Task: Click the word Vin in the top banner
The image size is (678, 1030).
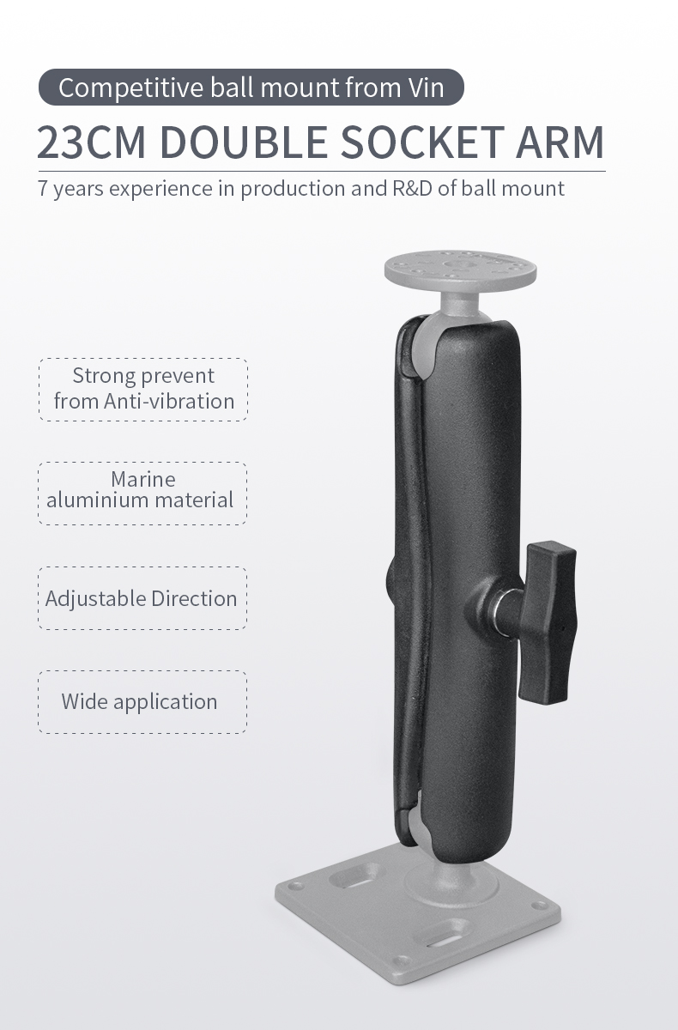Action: pos(426,88)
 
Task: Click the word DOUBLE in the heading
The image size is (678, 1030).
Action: pos(243,142)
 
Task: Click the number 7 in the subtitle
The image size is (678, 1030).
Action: pos(43,189)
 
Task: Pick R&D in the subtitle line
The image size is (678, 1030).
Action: pos(411,188)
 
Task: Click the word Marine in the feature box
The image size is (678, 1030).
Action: pos(143,479)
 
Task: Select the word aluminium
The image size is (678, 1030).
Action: pos(93,500)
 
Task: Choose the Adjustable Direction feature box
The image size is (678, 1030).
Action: pos(142,598)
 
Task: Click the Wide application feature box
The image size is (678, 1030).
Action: pos(142,701)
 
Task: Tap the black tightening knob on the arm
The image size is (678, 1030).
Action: pos(550,618)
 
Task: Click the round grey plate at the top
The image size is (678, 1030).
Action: pos(461,269)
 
